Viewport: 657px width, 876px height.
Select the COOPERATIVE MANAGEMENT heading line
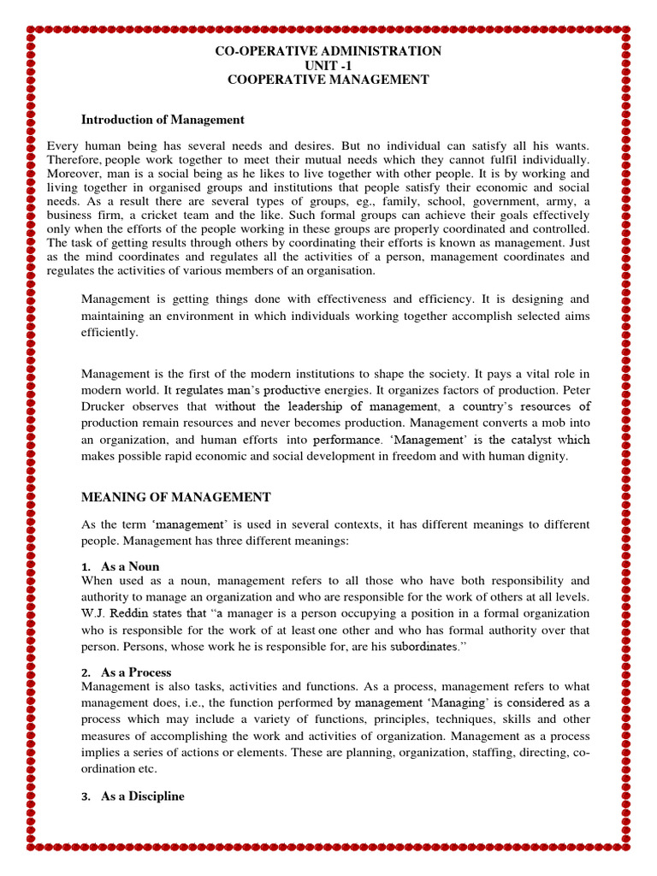(328, 80)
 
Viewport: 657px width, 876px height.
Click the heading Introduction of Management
(163, 120)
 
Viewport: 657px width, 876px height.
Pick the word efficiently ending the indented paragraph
(109, 333)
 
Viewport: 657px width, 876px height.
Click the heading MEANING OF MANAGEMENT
(175, 497)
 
